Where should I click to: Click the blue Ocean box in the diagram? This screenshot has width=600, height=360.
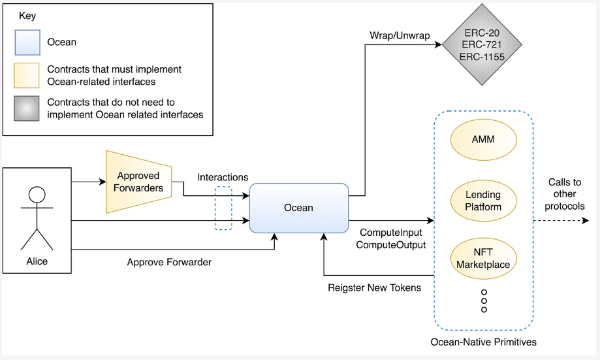[x=298, y=208]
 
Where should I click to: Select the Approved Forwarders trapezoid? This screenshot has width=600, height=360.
[x=138, y=182]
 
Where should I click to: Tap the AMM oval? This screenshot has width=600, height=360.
[x=484, y=140]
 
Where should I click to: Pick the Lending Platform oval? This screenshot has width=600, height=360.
[x=484, y=201]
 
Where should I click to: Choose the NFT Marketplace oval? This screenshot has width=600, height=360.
[x=484, y=258]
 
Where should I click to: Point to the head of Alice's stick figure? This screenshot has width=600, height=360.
[x=37, y=195]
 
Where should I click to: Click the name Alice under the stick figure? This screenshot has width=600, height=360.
[x=37, y=261]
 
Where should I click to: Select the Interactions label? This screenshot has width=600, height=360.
[x=223, y=177]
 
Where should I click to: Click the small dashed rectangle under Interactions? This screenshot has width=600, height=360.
[x=223, y=208]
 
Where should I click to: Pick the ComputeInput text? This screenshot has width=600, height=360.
[x=390, y=233]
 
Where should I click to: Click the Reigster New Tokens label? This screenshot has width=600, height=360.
[x=374, y=287]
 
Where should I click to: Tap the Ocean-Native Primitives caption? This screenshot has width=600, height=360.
[x=484, y=342]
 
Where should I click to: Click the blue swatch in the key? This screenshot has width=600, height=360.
[x=27, y=42]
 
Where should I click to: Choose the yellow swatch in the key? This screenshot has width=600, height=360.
[x=27, y=76]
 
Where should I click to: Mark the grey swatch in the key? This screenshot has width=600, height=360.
[x=27, y=109]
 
